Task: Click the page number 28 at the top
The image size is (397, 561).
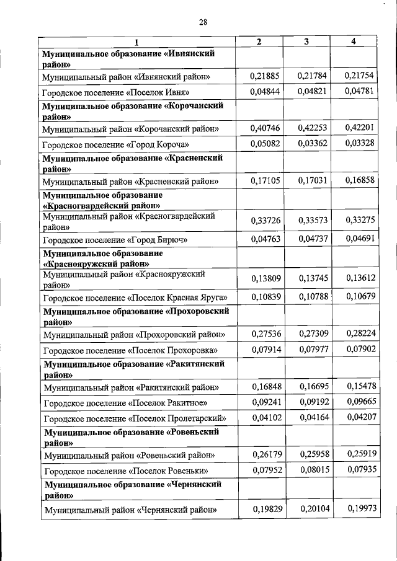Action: tap(202, 23)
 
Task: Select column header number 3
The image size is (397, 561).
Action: tap(306, 42)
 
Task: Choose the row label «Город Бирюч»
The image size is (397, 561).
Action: tap(114, 239)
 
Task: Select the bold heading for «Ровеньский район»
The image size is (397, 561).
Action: tap(132, 436)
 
